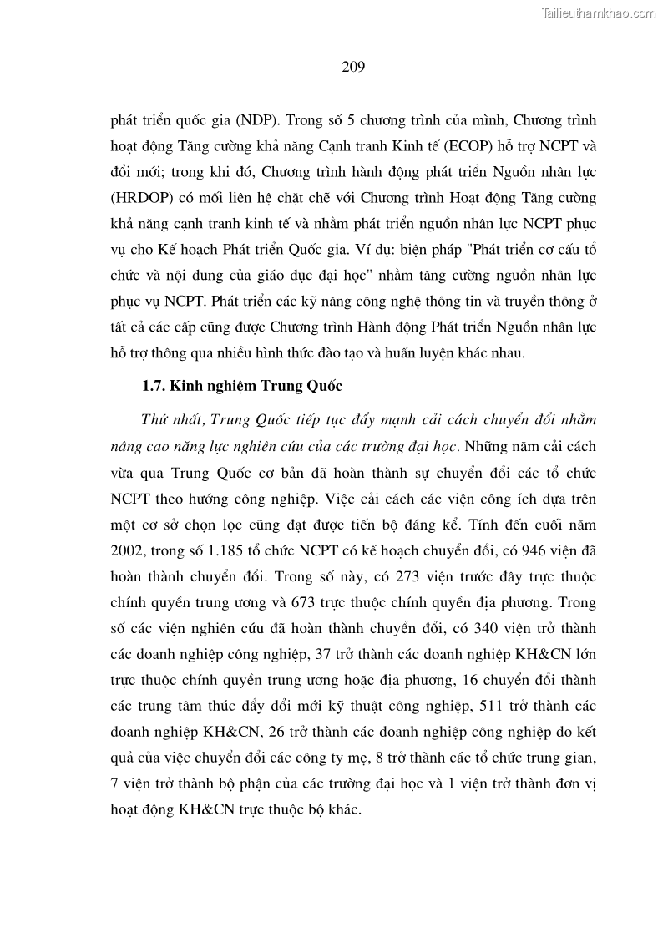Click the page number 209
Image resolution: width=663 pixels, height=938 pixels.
pos(353,68)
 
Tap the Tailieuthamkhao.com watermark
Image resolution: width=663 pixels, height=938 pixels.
pos(599,13)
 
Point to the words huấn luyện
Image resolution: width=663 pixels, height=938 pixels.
pos(430,352)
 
